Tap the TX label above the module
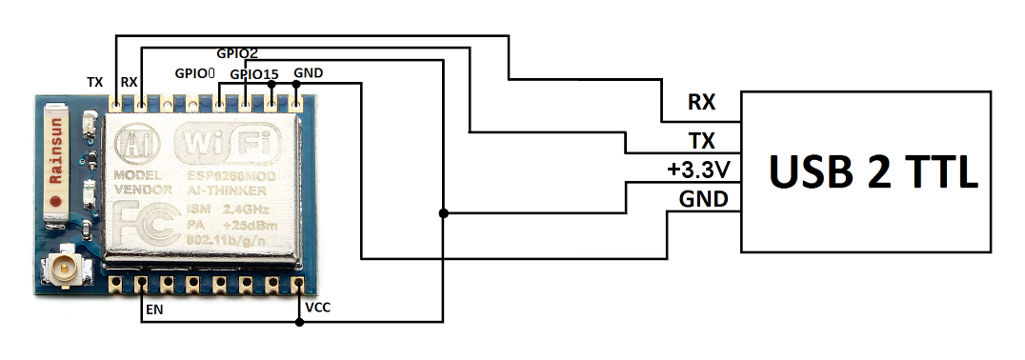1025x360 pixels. [94, 83]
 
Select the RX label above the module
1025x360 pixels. [129, 83]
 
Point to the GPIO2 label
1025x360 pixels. [236, 53]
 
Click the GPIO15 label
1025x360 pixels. [255, 73]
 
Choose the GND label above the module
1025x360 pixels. [309, 73]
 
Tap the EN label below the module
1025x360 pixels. [152, 310]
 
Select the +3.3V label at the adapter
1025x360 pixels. [699, 170]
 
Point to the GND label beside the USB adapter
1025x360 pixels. [704, 199]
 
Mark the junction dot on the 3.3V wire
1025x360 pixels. [443, 213]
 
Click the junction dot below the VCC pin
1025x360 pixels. [300, 322]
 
